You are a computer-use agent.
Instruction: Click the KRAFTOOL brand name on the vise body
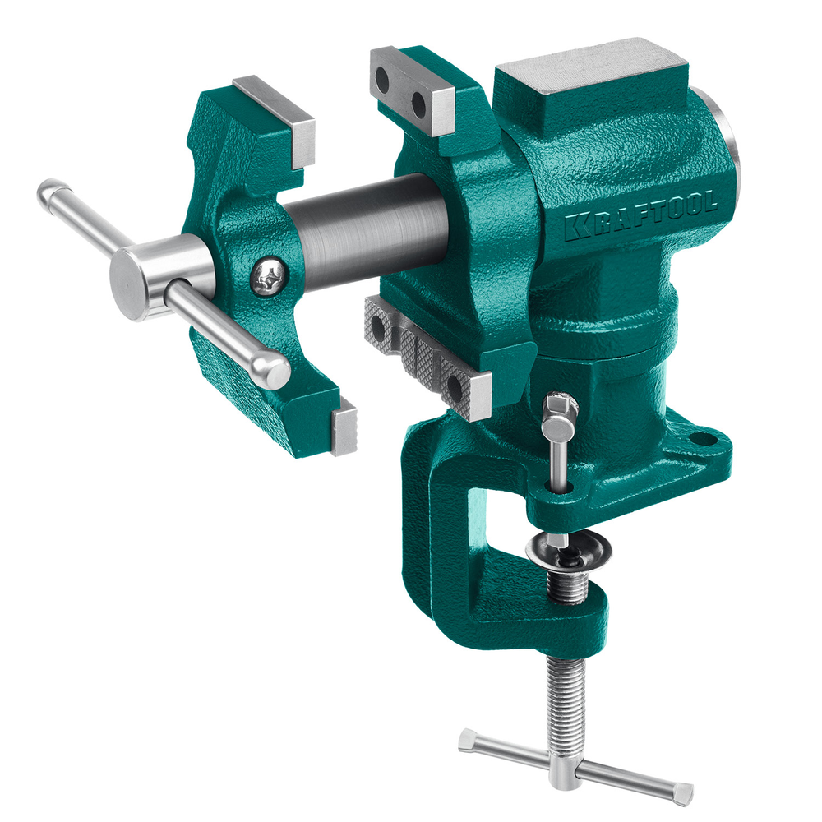[x=640, y=215]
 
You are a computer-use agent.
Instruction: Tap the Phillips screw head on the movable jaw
[x=270, y=275]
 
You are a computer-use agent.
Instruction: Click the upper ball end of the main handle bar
[x=53, y=194]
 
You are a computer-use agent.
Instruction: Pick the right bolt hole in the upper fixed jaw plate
[x=419, y=105]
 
